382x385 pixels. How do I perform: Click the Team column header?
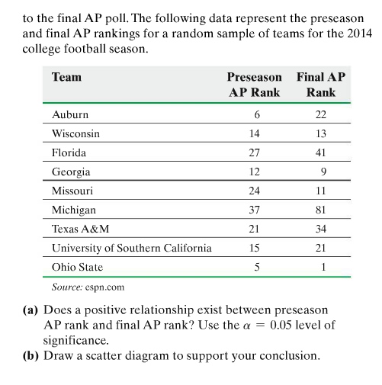point(66,77)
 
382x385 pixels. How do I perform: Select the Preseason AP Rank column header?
point(255,85)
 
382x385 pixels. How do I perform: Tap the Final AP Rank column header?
point(321,85)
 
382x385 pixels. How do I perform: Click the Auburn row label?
point(69,114)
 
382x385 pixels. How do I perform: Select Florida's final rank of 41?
point(321,152)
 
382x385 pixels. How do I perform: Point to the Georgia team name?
point(70,172)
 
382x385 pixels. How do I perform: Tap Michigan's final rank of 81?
point(321,210)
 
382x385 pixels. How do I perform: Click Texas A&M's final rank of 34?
point(321,229)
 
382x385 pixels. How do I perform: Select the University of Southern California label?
point(131,248)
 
